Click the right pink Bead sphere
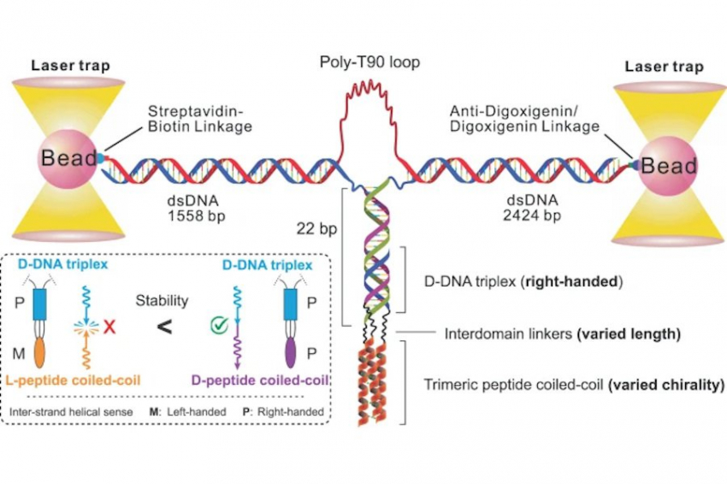[664, 163]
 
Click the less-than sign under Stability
[165, 326]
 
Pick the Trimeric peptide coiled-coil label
[508, 385]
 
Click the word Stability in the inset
[164, 301]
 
